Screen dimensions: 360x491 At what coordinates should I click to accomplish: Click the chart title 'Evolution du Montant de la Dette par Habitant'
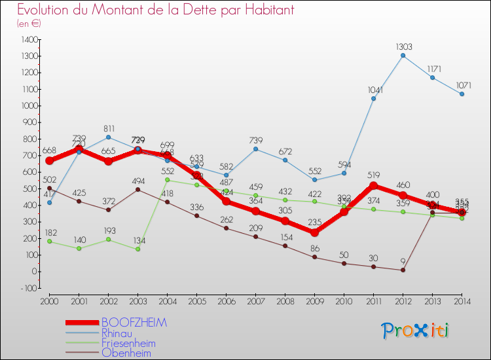(x=156, y=10)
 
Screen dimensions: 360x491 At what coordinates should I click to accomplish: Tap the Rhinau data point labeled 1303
(x=403, y=56)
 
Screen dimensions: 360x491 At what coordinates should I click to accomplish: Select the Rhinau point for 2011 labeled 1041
(x=373, y=99)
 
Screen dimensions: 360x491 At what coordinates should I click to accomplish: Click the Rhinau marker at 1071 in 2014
(x=462, y=94)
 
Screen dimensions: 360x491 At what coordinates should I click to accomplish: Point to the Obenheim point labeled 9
(x=403, y=270)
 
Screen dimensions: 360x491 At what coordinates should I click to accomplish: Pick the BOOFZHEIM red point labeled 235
(x=314, y=232)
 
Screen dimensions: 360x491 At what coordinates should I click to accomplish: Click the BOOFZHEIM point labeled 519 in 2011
(x=373, y=185)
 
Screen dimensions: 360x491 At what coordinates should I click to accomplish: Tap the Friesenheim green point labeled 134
(x=137, y=249)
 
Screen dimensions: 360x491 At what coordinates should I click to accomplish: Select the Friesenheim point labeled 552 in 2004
(x=167, y=180)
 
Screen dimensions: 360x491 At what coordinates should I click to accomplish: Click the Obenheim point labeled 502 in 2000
(x=49, y=188)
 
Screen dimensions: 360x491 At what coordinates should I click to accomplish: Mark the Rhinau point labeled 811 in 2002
(x=108, y=137)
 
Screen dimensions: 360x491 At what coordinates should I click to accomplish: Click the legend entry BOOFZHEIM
(x=134, y=323)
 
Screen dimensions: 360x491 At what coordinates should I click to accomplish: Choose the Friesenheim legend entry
(x=128, y=343)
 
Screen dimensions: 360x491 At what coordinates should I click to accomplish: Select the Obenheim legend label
(x=126, y=353)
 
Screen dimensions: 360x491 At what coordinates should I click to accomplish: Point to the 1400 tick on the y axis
(x=29, y=39)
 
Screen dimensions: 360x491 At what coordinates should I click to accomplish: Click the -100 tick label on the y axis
(x=29, y=288)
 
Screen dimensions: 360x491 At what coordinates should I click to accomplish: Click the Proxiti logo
(x=416, y=331)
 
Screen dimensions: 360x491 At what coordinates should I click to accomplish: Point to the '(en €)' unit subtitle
(x=29, y=24)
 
